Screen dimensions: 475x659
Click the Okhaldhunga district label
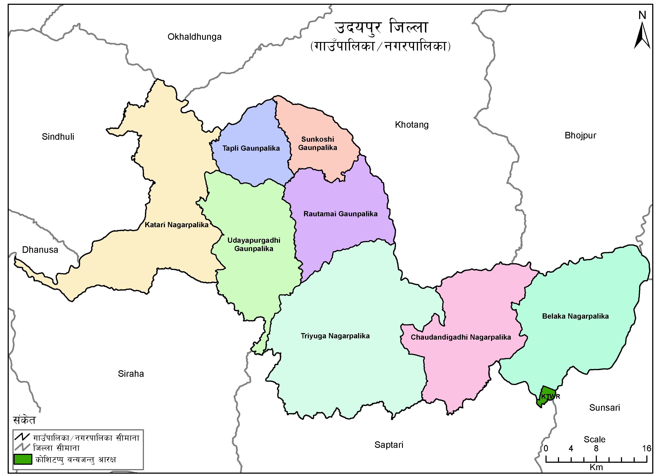(x=194, y=37)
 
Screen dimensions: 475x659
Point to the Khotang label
(x=411, y=125)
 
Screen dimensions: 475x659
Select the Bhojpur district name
(x=580, y=135)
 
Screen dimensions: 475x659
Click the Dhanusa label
(x=40, y=250)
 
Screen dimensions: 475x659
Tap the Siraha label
(x=131, y=374)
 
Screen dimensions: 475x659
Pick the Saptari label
(x=389, y=445)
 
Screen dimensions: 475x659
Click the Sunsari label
(x=604, y=408)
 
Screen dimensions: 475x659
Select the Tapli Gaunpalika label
(x=251, y=148)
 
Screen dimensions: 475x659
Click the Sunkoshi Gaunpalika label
(x=318, y=143)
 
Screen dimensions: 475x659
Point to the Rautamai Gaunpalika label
(x=340, y=214)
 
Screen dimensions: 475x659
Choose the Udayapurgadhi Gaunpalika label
(x=254, y=244)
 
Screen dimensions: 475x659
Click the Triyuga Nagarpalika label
(x=335, y=336)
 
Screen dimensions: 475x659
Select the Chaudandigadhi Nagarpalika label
(x=461, y=337)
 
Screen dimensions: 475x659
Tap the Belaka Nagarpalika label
(x=575, y=316)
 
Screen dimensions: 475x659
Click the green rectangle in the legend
(x=23, y=459)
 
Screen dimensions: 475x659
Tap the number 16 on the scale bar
(x=646, y=448)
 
